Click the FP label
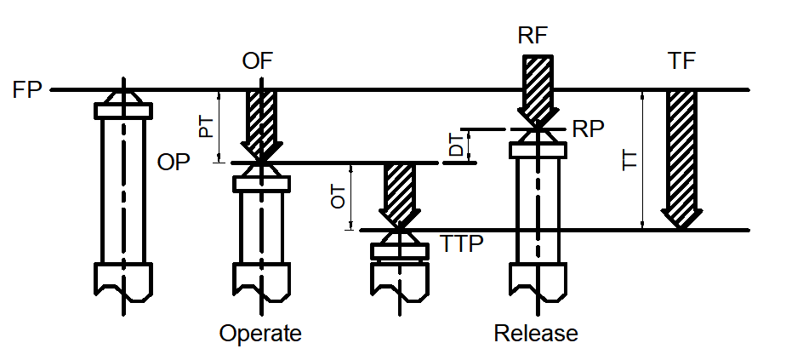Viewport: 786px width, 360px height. [x=28, y=89]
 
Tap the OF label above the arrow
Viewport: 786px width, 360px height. [x=259, y=62]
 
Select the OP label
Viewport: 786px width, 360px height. [x=174, y=163]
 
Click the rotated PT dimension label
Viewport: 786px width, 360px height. [x=206, y=127]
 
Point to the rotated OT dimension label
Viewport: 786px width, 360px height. [x=339, y=197]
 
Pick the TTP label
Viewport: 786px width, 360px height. [x=463, y=243]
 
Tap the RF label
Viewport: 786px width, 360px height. [x=533, y=36]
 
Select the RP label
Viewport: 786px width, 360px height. [x=589, y=129]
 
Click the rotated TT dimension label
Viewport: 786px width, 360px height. [x=629, y=159]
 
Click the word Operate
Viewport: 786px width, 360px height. [x=260, y=333]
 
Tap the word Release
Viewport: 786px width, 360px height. [x=536, y=333]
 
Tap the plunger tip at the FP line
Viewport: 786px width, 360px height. [x=123, y=95]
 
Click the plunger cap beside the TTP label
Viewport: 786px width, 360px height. [x=400, y=251]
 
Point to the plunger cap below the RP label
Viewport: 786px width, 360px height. [x=538, y=150]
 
